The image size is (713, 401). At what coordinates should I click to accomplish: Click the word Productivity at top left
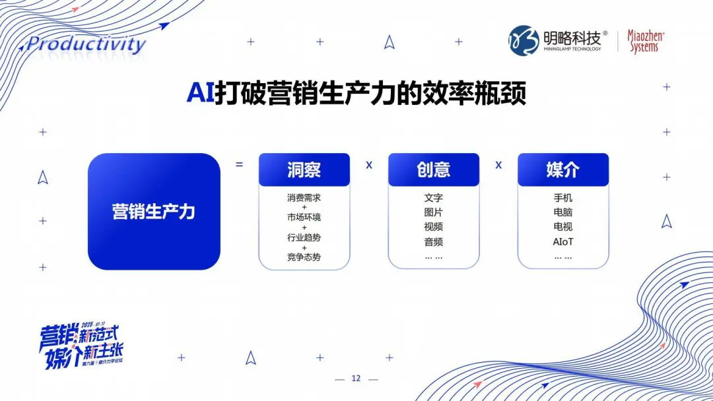point(85,45)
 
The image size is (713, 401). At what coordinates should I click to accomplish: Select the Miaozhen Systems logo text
point(645,42)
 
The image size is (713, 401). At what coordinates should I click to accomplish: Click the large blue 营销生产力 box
point(154,212)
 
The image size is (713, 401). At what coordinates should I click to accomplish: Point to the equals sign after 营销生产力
point(239,164)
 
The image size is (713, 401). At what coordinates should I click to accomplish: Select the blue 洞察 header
point(304,170)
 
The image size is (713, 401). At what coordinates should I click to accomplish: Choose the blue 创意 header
point(433,170)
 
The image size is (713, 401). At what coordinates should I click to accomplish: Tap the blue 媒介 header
point(562,170)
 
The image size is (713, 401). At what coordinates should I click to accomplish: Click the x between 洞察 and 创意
point(369,165)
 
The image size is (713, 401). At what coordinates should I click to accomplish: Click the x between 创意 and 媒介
point(498,165)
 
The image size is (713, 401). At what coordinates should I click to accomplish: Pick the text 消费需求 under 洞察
point(304,197)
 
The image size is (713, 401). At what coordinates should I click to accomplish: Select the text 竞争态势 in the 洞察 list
point(304,257)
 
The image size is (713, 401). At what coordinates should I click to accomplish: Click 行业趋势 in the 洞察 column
point(304,237)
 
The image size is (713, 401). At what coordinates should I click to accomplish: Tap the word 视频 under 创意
point(433,227)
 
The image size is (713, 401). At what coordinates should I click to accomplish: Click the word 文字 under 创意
point(433,197)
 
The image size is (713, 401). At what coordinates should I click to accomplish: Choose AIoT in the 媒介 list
point(563,242)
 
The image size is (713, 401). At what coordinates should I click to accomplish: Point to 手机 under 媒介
point(563,197)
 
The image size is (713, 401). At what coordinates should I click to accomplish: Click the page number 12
point(356,379)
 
